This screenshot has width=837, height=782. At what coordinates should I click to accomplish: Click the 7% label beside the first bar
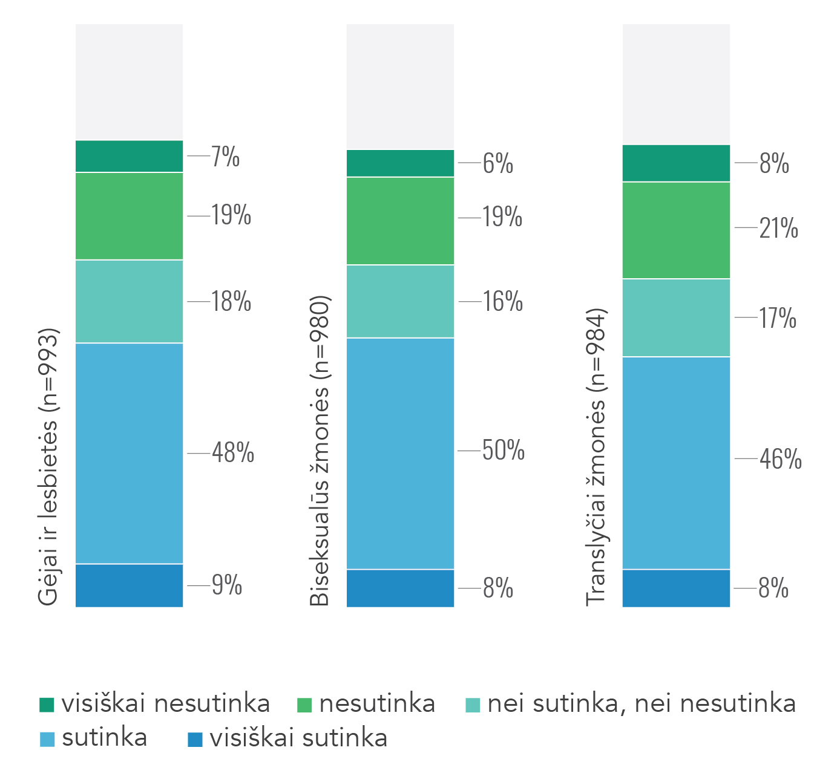(x=225, y=157)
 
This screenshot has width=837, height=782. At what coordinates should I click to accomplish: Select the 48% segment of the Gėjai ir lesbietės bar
(x=129, y=453)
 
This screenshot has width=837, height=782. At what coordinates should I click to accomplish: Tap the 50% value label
(x=503, y=451)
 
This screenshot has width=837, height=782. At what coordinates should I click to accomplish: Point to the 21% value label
(x=778, y=229)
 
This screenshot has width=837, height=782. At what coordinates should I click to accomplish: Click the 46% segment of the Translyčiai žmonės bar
(x=676, y=463)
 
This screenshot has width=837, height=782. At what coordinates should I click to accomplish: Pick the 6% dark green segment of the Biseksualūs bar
(x=400, y=163)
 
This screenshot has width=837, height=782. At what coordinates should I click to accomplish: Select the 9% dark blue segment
(x=129, y=585)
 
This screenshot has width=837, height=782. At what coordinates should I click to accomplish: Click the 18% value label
(x=231, y=301)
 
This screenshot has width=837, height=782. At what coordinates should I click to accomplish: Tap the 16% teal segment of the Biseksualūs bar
(x=400, y=301)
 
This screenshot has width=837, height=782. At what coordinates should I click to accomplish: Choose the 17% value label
(x=778, y=318)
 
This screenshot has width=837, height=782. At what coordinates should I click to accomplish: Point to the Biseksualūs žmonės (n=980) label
(x=320, y=451)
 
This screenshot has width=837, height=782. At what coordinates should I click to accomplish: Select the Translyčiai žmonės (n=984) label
(x=596, y=457)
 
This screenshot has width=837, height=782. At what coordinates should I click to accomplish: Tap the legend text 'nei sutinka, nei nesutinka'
(x=641, y=703)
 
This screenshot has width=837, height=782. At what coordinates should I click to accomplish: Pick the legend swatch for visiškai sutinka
(x=195, y=739)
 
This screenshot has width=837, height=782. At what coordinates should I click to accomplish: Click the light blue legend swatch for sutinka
(x=47, y=739)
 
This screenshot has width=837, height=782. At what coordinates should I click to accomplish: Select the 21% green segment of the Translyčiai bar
(x=676, y=230)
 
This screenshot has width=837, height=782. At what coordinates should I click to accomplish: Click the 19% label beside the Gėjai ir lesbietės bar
(x=231, y=215)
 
